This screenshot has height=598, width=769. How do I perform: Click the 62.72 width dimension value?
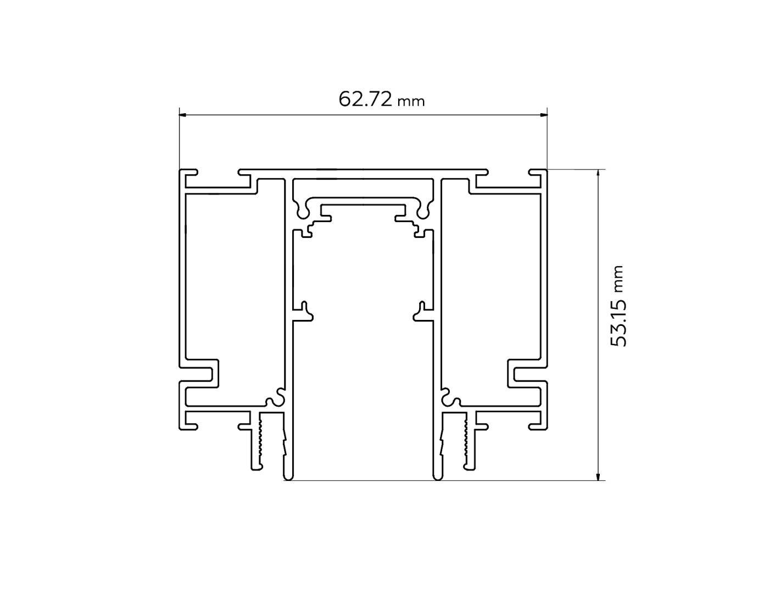[365, 99]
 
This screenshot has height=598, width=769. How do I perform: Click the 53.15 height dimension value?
[618, 322]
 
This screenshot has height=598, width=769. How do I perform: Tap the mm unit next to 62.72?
[411, 102]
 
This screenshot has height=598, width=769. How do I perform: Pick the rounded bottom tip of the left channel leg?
[288, 476]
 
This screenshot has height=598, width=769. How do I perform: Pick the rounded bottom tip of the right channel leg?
[437, 476]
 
